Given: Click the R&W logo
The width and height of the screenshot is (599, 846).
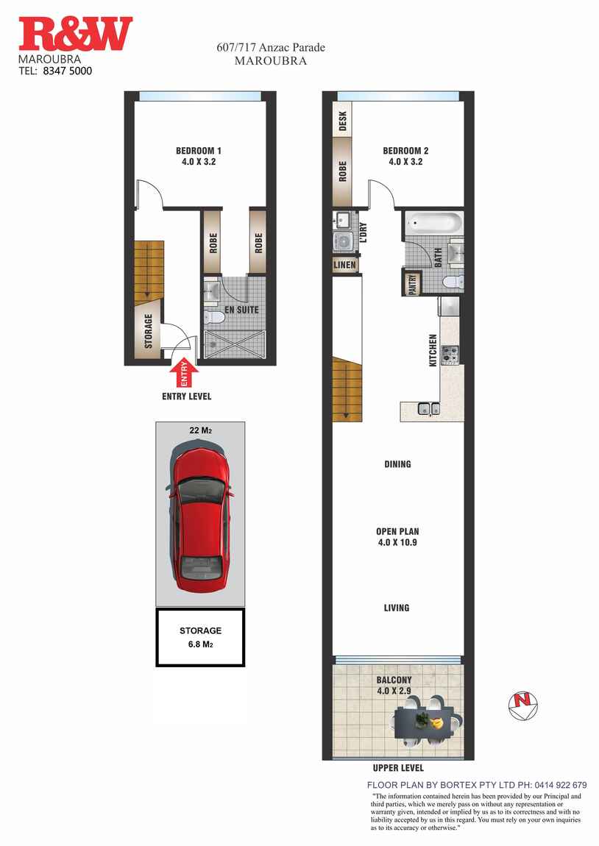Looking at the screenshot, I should coord(76,35).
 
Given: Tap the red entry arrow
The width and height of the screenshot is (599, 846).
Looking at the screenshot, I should coord(185,372).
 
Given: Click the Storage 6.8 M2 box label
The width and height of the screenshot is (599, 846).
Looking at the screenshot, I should coord(200,637).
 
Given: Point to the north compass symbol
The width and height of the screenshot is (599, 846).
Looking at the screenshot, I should coord(523,705).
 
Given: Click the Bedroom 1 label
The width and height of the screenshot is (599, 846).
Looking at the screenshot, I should coord(200,157).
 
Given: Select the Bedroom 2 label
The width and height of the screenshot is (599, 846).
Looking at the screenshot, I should coord(405,156).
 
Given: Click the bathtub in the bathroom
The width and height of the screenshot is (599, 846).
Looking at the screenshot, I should coord(432,221).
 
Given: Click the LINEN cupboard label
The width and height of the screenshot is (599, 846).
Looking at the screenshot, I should coord(344,265).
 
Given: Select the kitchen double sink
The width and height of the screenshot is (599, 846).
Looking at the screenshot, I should coord(428,409).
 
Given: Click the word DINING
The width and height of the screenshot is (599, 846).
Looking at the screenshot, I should coord(397,464).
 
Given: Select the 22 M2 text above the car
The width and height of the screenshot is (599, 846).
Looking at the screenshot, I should coord(200,430).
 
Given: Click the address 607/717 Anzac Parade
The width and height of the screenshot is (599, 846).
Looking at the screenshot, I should coord(271,48).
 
